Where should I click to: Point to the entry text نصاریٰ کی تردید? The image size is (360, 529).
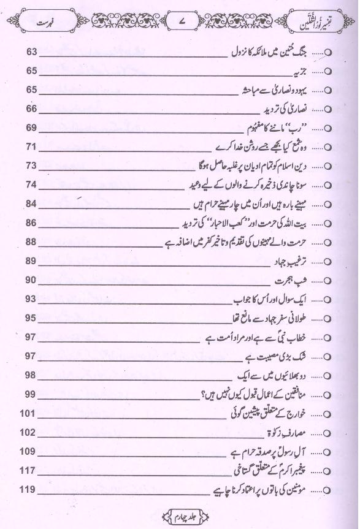pos(289,110)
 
